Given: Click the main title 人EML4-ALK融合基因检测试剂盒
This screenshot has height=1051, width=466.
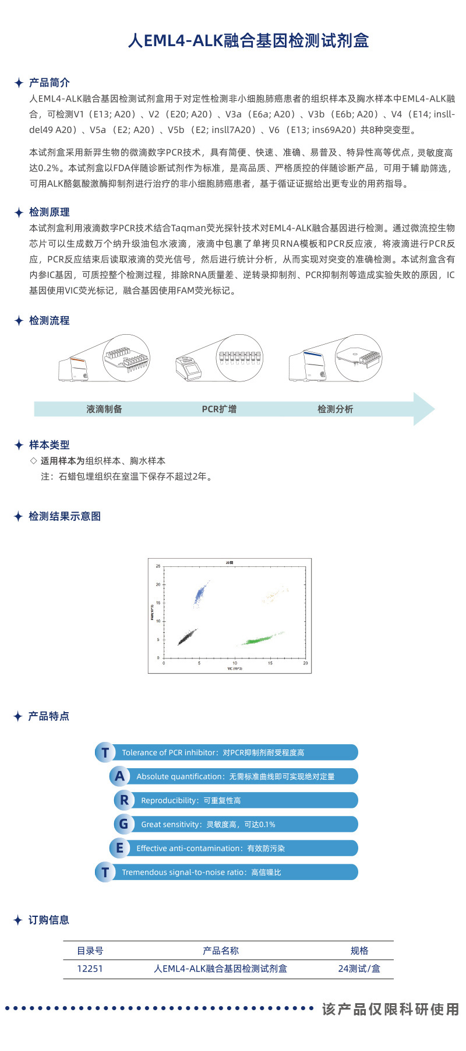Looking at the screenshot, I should coord(248,41).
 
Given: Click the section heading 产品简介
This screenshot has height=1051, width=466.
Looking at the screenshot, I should coord(50,83).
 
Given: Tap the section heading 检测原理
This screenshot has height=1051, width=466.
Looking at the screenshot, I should coord(50,212).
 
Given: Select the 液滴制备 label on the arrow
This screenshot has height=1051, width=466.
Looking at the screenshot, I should coord(104,409).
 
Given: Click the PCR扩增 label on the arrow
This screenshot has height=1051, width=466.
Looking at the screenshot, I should coord(219,409).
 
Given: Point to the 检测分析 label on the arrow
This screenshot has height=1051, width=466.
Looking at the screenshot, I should coord(335,409).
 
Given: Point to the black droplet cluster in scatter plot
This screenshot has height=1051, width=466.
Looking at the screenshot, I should coord(186,637).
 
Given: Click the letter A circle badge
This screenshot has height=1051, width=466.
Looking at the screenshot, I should coord(119,776).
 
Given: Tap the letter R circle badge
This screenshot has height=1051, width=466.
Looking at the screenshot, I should coord(124,800).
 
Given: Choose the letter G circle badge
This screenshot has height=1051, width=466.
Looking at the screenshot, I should coord(124,824).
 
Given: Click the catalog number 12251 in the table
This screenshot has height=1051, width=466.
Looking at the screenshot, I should coord(90,969).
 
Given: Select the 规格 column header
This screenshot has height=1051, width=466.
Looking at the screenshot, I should coord(359,951).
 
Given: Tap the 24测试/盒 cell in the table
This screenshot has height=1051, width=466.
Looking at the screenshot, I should coord(359,969).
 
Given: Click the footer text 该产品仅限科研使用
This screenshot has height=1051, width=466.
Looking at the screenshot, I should coord(390,1010).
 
